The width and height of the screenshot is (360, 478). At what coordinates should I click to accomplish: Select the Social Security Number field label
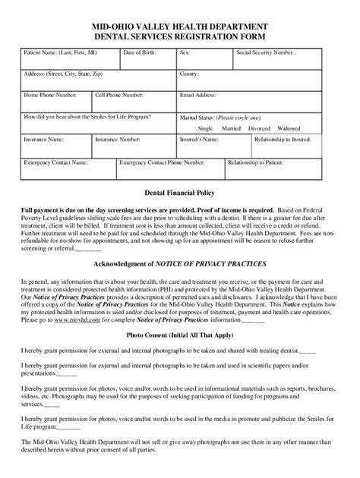[266, 52]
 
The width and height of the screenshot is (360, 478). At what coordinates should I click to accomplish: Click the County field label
[189, 74]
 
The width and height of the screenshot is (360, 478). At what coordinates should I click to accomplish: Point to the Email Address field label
[197, 96]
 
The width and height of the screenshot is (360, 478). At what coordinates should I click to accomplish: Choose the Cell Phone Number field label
[118, 96]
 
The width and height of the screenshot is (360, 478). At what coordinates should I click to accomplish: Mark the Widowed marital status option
[288, 128]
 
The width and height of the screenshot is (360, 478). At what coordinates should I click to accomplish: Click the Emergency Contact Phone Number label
[162, 162]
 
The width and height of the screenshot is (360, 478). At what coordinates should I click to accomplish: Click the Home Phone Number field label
[50, 96]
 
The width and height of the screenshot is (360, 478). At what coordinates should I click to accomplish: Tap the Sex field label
[185, 52]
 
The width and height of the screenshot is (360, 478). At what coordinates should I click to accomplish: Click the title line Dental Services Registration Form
[179, 36]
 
